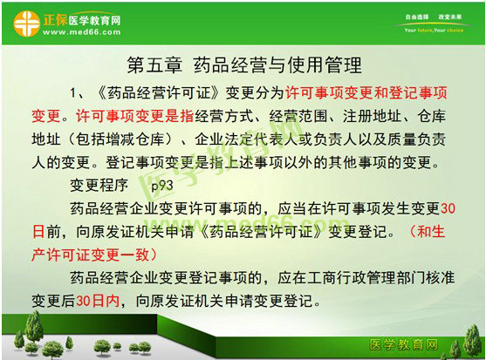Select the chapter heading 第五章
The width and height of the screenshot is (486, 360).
tap(155, 66)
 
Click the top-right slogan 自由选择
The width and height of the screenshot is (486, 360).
tap(409, 15)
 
